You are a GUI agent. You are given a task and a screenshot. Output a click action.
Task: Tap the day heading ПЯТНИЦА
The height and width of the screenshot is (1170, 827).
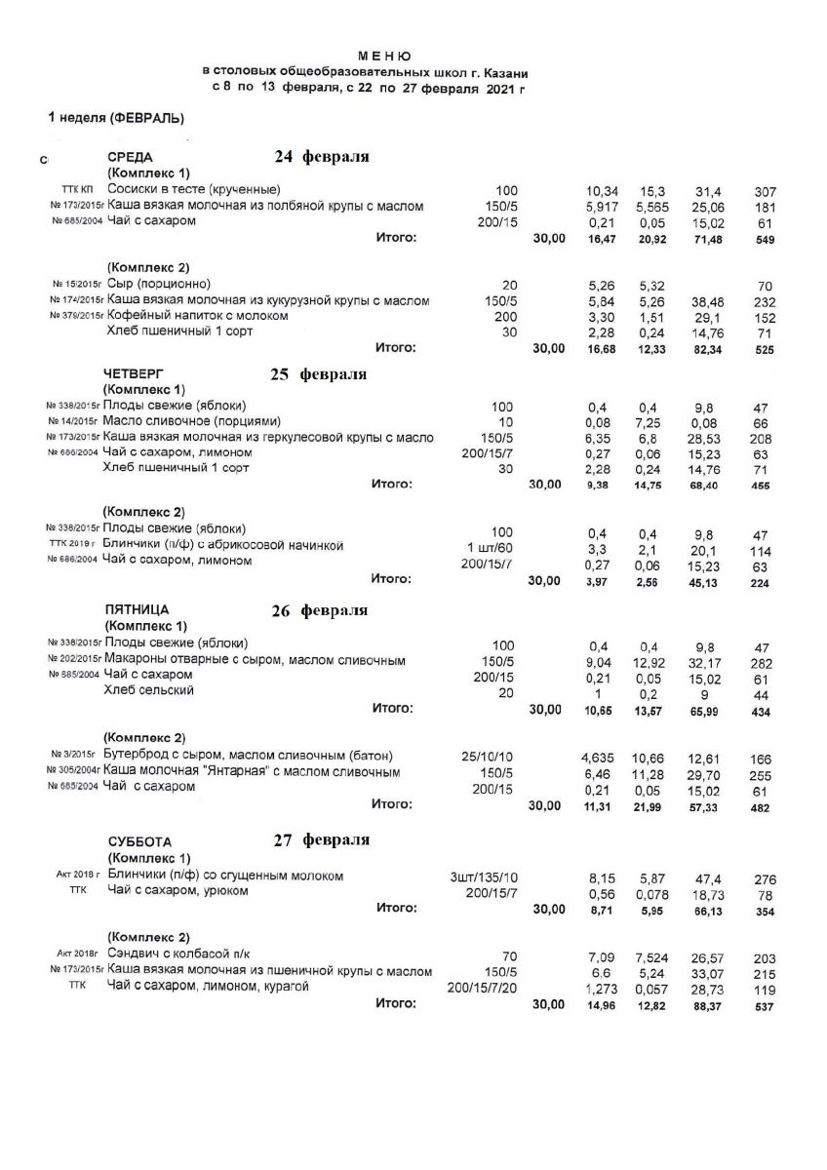(138, 610)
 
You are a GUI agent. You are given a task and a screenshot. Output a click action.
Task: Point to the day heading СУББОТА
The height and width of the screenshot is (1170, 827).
(139, 841)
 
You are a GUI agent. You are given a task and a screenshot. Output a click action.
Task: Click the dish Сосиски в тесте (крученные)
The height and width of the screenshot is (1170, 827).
(194, 189)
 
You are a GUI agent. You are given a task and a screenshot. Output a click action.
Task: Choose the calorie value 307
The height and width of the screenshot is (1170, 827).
(764, 190)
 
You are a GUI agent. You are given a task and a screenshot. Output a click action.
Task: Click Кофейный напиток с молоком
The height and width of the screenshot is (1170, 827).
(197, 317)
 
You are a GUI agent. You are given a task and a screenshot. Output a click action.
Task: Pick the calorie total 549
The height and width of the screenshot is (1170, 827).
(764, 239)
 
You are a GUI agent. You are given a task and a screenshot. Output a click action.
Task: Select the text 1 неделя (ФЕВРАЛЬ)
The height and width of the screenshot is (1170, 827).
(116, 118)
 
